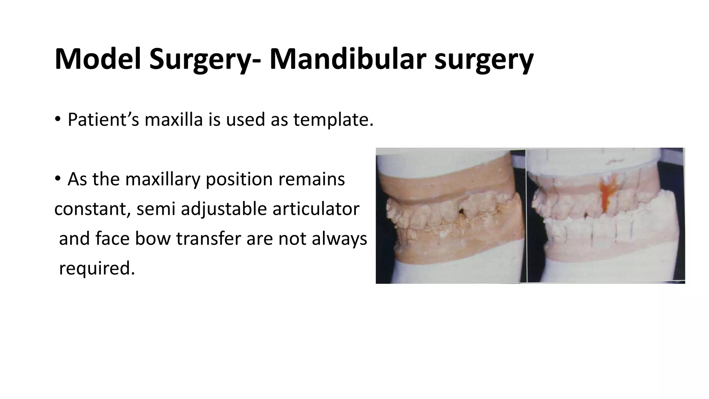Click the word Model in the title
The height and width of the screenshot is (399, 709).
point(98,59)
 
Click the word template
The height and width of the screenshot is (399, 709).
point(333,120)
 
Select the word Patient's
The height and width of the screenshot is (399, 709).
point(103,120)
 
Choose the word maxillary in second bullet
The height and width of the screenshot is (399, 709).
point(163,179)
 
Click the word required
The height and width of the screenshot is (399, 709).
point(97,268)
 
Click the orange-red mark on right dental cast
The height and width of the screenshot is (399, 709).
point(607,197)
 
